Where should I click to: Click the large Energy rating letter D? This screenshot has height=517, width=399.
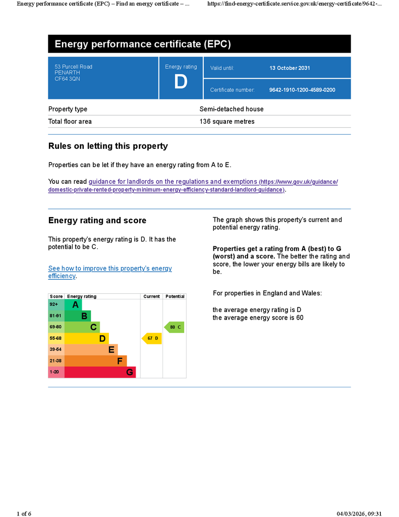click(x=181, y=82)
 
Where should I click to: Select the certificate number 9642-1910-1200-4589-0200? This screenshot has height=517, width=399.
click(x=302, y=90)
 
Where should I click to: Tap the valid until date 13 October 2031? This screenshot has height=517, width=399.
click(x=290, y=68)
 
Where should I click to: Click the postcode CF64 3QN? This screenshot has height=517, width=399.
click(x=67, y=79)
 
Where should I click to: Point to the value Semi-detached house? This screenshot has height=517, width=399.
click(x=232, y=109)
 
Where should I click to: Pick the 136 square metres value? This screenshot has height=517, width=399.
click(x=227, y=122)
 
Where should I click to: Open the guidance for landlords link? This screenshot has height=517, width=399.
click(x=173, y=182)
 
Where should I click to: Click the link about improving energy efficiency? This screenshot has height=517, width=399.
click(x=110, y=269)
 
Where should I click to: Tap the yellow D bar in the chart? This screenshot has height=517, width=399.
click(x=86, y=338)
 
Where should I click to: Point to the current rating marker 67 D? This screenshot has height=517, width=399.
click(x=152, y=338)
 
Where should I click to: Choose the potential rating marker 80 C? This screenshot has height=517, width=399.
click(x=175, y=327)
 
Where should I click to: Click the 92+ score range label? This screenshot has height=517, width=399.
click(x=54, y=304)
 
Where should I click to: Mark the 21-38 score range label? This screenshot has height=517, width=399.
click(x=55, y=361)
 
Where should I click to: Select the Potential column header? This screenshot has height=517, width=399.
click(x=175, y=296)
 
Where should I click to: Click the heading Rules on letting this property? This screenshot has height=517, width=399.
click(x=108, y=146)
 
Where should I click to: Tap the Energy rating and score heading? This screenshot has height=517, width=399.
click(x=97, y=221)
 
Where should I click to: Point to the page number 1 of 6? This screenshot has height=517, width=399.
click(x=24, y=513)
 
